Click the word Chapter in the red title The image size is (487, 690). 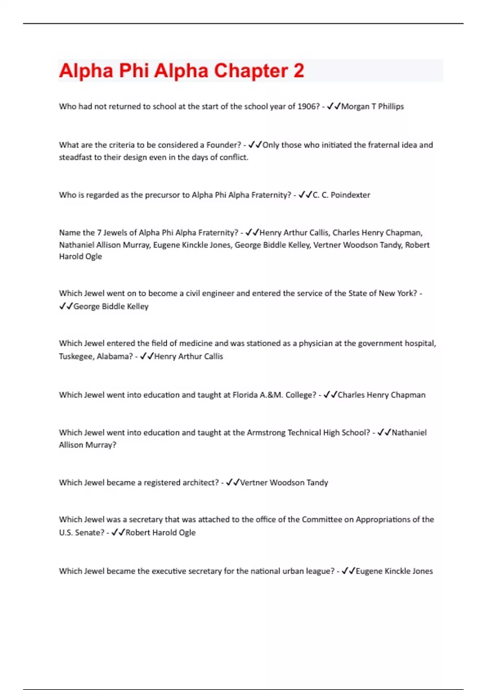[x=251, y=71]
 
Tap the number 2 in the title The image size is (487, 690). [x=298, y=71]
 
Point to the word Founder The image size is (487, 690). [x=224, y=145]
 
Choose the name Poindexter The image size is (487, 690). [x=350, y=195]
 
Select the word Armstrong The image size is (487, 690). [x=266, y=433]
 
